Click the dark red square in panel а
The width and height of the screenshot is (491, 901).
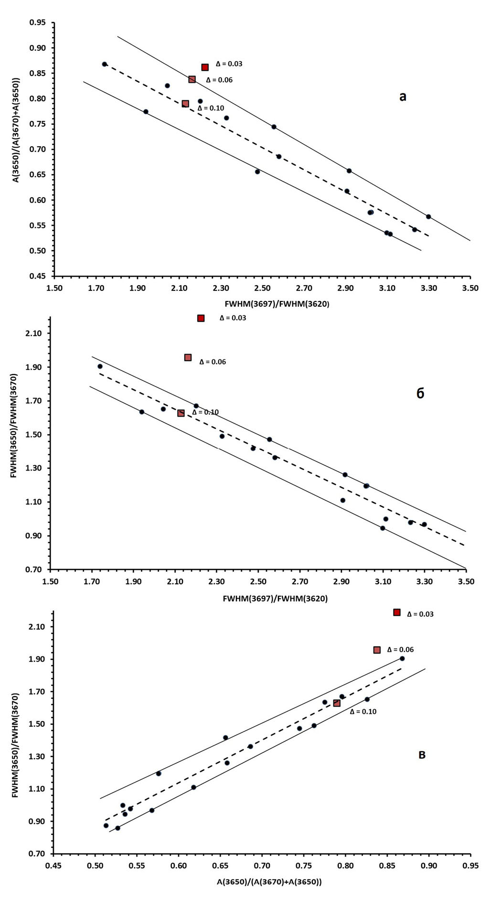pyautogui.click(x=205, y=67)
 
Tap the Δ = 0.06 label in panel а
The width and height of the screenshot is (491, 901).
pyautogui.click(x=219, y=80)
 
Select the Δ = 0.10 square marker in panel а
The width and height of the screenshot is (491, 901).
pyautogui.click(x=185, y=104)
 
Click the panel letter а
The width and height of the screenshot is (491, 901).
pyautogui.click(x=403, y=97)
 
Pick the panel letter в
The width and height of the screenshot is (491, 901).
pyautogui.click(x=422, y=755)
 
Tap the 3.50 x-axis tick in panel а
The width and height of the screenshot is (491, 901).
pyautogui.click(x=470, y=288)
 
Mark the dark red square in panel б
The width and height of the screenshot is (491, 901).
pyautogui.click(x=201, y=318)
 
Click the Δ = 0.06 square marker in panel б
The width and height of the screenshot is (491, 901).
pyautogui.click(x=188, y=357)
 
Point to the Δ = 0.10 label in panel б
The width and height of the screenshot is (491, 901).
pyautogui.click(x=205, y=412)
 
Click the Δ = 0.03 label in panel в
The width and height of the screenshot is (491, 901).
pyautogui.click(x=420, y=614)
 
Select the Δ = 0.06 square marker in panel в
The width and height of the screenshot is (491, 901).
pyautogui.click(x=377, y=650)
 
